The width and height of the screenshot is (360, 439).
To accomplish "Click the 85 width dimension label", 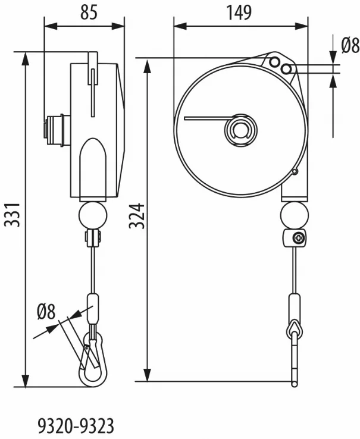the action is (x=89, y=12).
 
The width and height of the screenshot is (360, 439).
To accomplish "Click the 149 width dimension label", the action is (x=239, y=12).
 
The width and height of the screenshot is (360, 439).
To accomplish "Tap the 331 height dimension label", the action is (x=13, y=215).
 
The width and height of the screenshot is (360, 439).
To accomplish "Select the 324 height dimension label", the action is (x=137, y=216).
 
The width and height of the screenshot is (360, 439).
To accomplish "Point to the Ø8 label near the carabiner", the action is (x=46, y=311).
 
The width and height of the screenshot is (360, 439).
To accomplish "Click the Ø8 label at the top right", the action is (x=350, y=46).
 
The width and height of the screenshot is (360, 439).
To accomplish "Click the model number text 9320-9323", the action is (x=76, y=426).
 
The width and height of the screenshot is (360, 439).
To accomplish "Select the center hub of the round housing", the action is (x=240, y=130).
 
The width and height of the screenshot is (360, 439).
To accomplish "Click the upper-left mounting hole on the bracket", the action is (x=275, y=61).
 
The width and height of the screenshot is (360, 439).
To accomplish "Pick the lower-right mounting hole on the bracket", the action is (x=286, y=69).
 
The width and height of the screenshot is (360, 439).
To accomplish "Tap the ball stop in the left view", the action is (x=93, y=215).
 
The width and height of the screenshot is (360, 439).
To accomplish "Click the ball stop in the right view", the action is (x=295, y=215).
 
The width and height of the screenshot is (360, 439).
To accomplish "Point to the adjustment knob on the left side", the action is (x=57, y=130).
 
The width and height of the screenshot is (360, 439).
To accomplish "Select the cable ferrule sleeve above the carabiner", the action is (x=93, y=309).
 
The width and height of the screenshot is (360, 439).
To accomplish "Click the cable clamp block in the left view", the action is (x=93, y=238).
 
